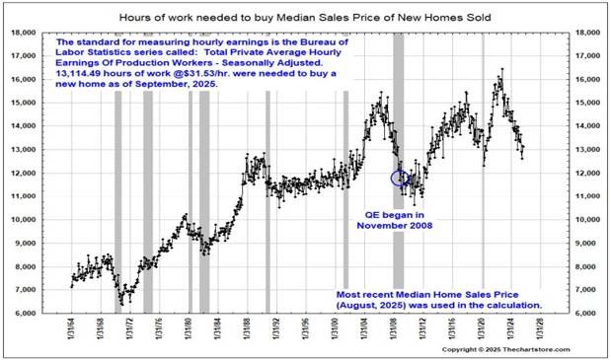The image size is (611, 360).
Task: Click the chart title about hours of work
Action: tap(306, 18)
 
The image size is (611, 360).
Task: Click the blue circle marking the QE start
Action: tap(400, 179)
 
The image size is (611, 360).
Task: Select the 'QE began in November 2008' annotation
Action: tap(391, 220)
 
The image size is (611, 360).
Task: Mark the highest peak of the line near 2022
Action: tap(501, 70)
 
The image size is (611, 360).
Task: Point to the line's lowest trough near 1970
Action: tap(118, 302)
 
